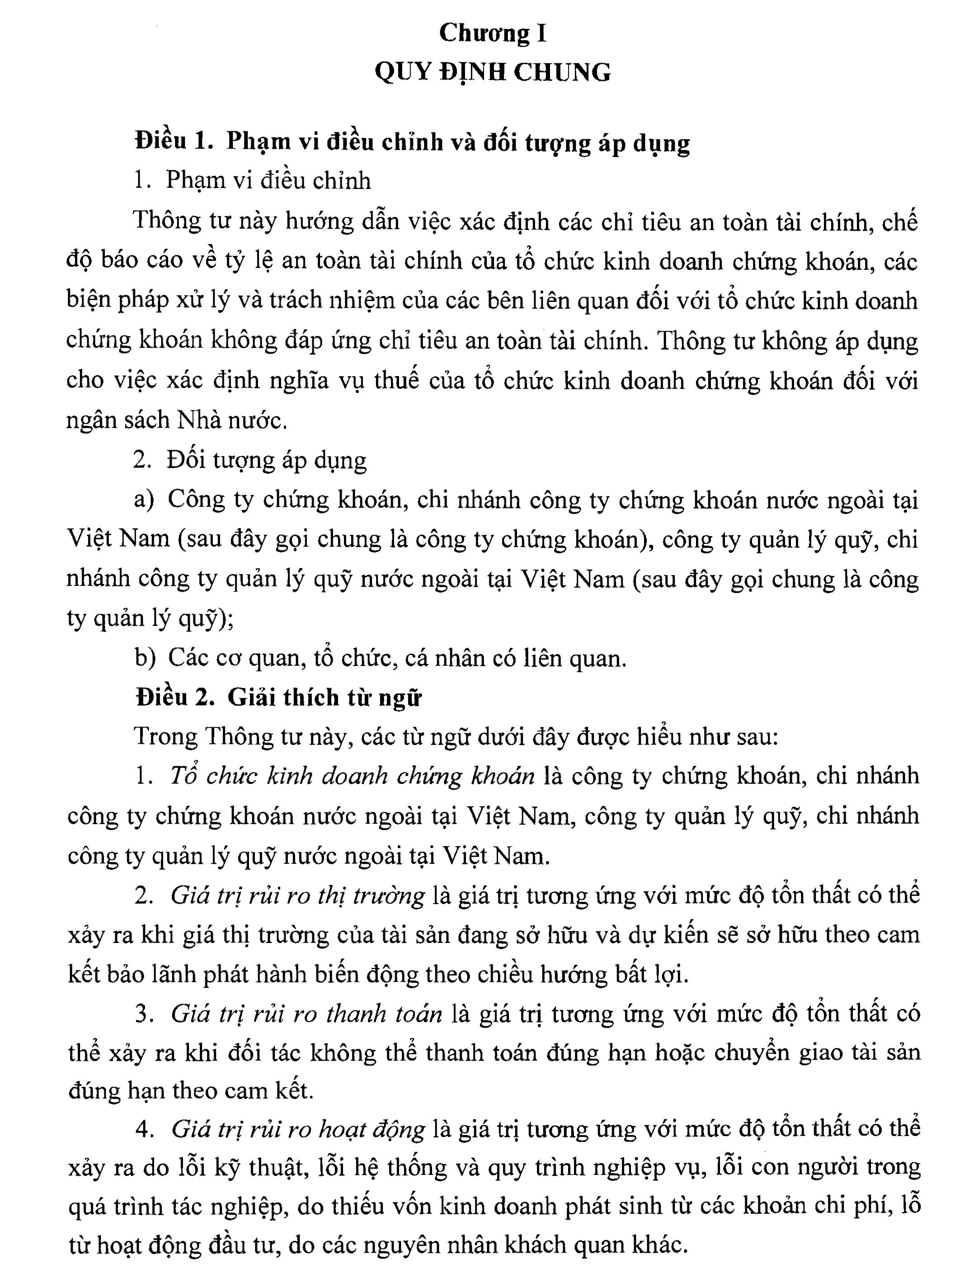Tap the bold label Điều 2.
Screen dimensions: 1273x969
coord(175,698)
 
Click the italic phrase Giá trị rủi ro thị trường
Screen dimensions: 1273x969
coord(298,895)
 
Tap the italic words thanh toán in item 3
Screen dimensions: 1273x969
coord(384,1014)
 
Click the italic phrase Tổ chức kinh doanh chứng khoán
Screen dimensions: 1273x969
coord(352,776)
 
